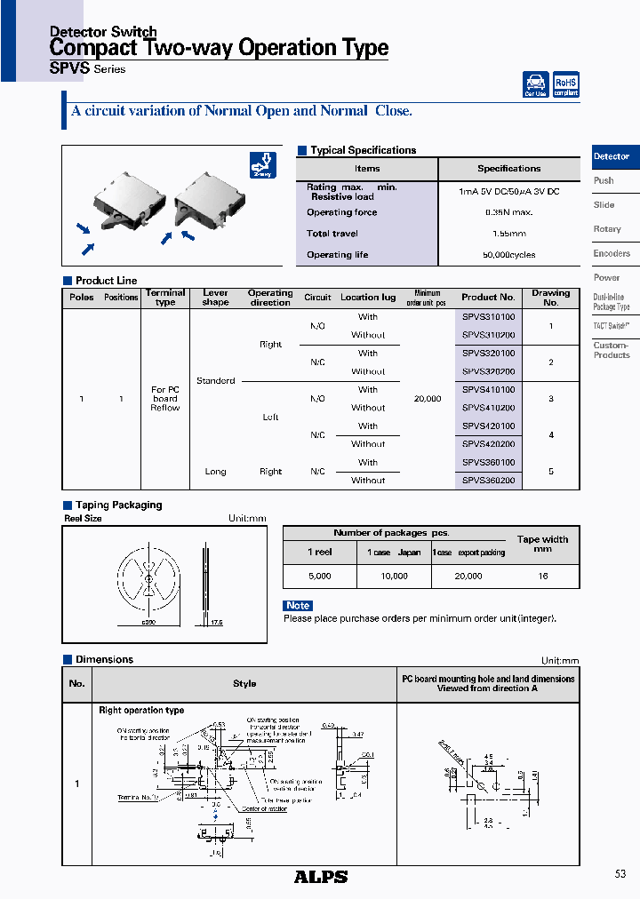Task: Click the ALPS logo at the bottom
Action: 320,877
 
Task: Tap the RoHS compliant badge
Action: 565,84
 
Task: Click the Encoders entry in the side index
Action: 612,253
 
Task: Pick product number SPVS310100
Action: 488,316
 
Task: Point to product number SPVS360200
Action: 488,481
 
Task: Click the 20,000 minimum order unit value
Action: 428,399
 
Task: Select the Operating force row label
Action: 341,212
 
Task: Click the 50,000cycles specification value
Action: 508,255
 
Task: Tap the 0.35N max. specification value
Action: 508,212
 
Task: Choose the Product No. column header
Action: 488,298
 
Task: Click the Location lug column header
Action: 368,298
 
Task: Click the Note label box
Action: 298,606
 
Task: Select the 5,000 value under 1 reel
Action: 319,577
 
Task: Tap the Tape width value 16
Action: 542,577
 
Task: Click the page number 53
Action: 620,874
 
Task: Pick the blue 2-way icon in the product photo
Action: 263,165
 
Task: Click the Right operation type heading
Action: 141,711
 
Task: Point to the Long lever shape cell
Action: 215,472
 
